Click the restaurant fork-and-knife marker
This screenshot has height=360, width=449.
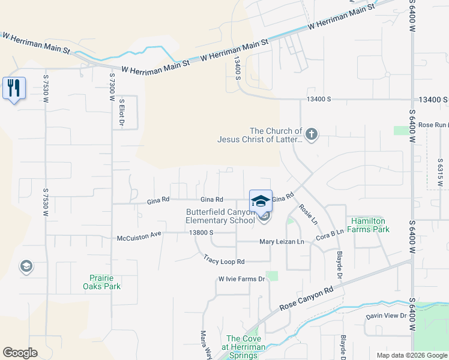pyautogui.click(x=13, y=88)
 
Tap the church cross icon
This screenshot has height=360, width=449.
pyautogui.click(x=311, y=134)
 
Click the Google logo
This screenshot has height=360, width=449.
pyautogui.click(x=20, y=353)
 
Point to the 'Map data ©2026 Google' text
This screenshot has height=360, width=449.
pyautogui.click(x=412, y=355)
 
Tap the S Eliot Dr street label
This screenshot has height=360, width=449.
pyautogui.click(x=121, y=113)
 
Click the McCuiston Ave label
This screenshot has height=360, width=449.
pyautogui.click(x=139, y=235)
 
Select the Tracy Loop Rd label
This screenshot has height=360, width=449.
pyautogui.click(x=224, y=261)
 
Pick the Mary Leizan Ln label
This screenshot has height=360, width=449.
pyautogui.click(x=282, y=242)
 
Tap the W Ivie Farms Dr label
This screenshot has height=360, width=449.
pyautogui.click(x=241, y=279)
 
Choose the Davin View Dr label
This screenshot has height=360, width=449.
pyautogui.click(x=387, y=316)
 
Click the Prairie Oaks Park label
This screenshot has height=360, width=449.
pyautogui.click(x=101, y=282)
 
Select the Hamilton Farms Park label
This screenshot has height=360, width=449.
pyautogui.click(x=370, y=225)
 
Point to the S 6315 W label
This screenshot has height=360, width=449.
pyautogui.click(x=440, y=173)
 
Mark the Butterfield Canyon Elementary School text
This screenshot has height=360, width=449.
pyautogui.click(x=220, y=216)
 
